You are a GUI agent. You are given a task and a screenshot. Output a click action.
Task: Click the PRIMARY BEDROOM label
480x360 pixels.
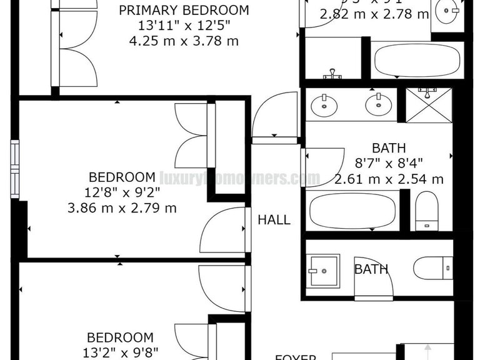click(x=184, y=11)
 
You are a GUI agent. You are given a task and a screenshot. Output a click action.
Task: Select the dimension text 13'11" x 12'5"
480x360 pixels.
click(x=184, y=26)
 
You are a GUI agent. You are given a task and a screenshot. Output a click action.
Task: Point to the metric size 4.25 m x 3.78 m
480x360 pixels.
click(x=184, y=42)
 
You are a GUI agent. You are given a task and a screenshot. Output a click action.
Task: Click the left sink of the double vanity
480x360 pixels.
click(x=324, y=103)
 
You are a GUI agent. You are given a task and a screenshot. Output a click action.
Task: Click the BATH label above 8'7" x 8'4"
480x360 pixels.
click(x=389, y=148)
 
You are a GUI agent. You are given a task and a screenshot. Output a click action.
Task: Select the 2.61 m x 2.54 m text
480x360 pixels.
click(x=389, y=179)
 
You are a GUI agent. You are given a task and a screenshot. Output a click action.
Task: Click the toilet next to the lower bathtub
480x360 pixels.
click(x=427, y=210)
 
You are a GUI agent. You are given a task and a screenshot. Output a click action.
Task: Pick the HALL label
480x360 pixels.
click(x=274, y=220)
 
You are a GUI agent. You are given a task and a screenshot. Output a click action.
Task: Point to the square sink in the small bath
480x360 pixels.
click(x=323, y=270)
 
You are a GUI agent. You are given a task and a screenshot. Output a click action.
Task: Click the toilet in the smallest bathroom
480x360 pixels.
click(x=432, y=268)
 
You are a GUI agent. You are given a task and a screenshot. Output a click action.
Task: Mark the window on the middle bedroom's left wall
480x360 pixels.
click(x=15, y=161)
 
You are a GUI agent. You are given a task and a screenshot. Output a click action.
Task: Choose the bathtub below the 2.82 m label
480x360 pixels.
click(x=417, y=61)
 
